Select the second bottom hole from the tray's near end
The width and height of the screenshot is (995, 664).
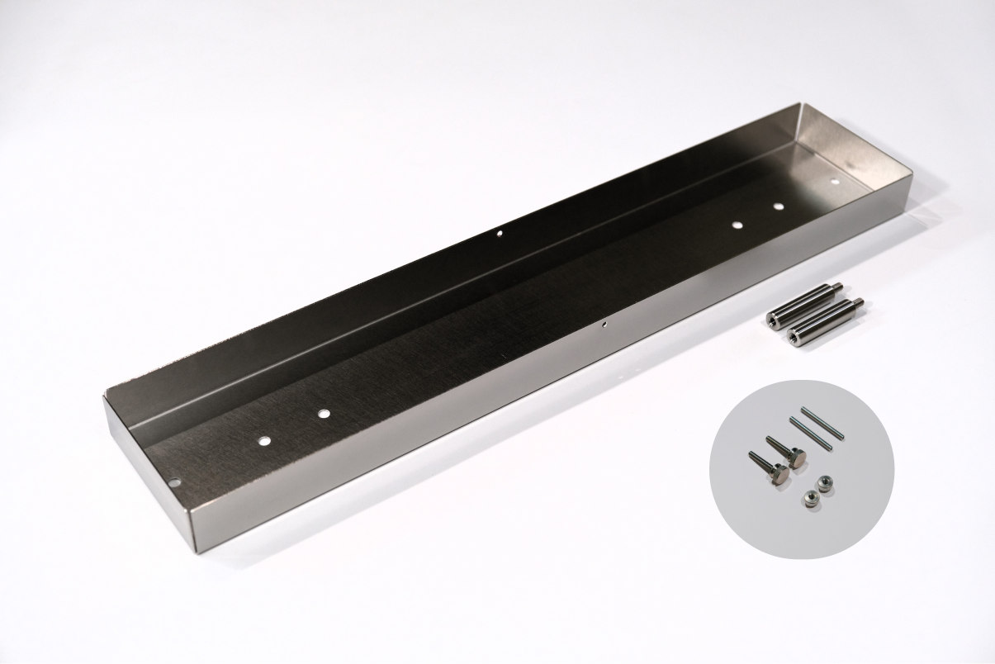pyautogui.click(x=323, y=410)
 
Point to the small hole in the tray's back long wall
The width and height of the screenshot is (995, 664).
pyautogui.click(x=499, y=235)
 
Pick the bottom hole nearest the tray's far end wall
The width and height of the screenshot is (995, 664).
pyautogui.click(x=835, y=179)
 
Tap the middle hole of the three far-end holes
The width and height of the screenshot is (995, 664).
pyautogui.click(x=778, y=206)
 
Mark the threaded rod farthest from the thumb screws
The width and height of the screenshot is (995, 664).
pyautogui.click(x=822, y=422)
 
